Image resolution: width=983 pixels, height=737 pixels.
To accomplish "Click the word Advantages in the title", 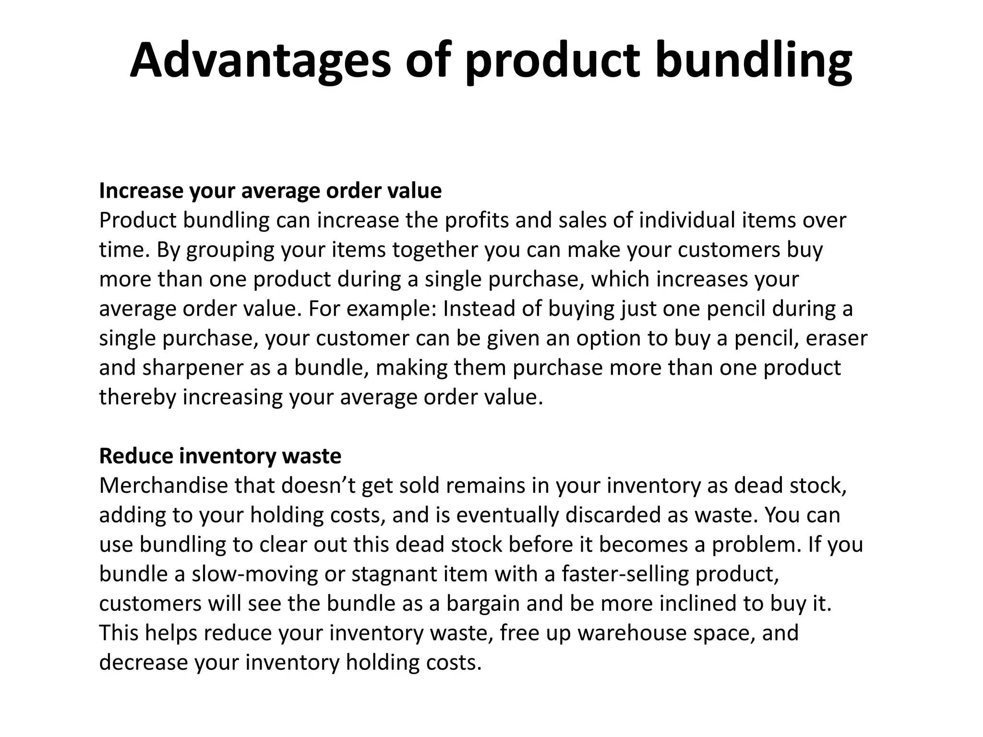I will (260, 61).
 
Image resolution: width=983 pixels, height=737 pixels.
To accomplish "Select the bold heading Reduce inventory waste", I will (220, 456).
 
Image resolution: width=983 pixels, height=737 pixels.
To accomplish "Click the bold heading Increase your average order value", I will (270, 190).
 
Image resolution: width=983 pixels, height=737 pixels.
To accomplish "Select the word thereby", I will (138, 397).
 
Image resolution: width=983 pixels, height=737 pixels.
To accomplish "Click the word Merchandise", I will (163, 486).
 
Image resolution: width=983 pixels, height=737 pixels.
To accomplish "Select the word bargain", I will (483, 604).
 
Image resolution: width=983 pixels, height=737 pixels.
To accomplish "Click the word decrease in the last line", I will (144, 663).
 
